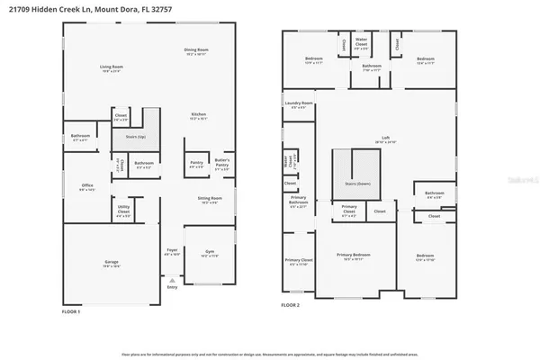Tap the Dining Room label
pos(196,49)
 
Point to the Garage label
pos(111,262)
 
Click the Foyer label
pos(172,252)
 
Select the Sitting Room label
pos(209,201)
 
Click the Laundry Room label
pos(300,103)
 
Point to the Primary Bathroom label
pos(297,203)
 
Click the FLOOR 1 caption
pos(71,310)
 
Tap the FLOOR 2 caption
pos(290,305)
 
